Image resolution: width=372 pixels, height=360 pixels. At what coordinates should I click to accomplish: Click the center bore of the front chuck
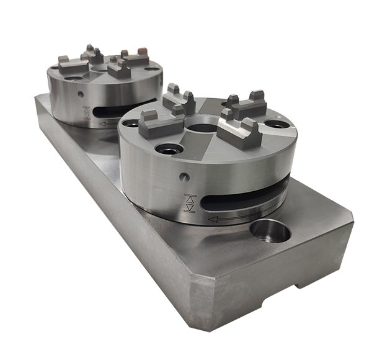[201, 128]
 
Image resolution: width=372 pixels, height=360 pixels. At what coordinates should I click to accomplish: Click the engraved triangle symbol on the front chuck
[190, 204]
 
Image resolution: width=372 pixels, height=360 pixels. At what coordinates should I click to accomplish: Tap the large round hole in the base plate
[270, 232]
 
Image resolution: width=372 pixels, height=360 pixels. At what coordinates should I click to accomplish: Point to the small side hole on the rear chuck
[81, 94]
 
